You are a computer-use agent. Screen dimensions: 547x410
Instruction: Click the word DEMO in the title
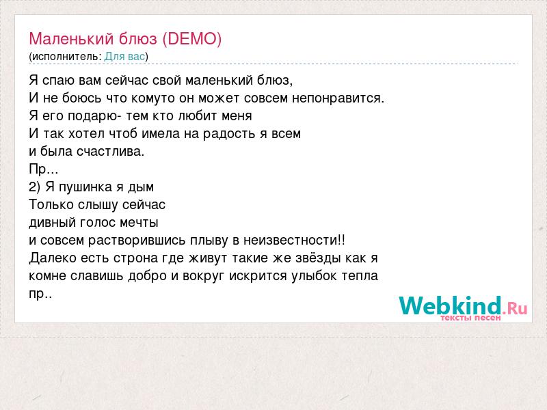click(x=191, y=39)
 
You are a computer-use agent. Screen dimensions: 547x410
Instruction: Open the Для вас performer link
click(x=124, y=57)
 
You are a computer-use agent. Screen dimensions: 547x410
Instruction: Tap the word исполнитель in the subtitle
click(x=66, y=57)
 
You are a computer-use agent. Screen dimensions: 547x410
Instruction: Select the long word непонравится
click(x=338, y=98)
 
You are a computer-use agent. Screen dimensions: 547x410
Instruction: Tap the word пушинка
click(x=85, y=187)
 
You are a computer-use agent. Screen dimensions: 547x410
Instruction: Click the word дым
click(x=141, y=187)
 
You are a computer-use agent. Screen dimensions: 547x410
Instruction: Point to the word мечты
click(x=139, y=223)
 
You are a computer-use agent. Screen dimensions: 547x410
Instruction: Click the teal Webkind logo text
click(x=451, y=305)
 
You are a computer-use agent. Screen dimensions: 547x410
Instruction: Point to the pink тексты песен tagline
click(x=470, y=318)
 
